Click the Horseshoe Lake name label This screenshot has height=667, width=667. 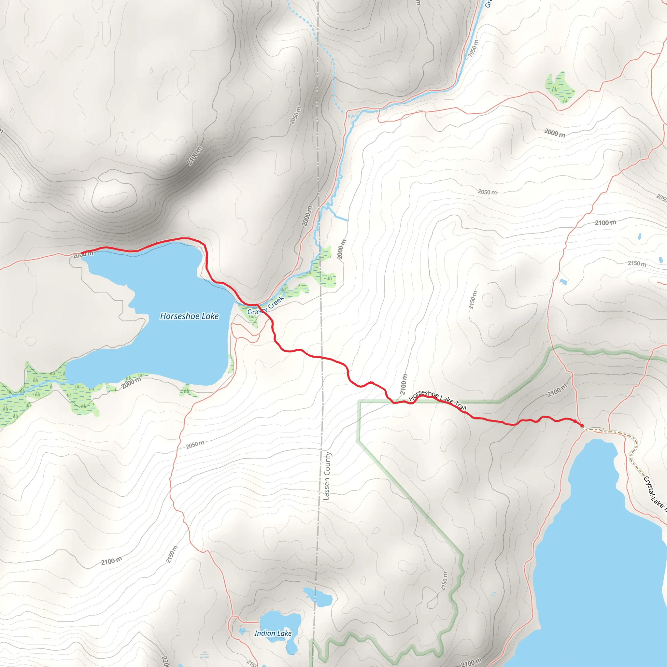[189, 316]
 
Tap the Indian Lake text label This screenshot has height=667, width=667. [273, 633]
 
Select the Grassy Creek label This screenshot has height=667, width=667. [265, 305]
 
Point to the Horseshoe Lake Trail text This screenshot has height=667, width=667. [437, 401]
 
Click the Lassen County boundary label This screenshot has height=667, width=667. [326, 476]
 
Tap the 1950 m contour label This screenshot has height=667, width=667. [473, 48]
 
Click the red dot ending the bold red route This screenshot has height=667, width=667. [582, 426]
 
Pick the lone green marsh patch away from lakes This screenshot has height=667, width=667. [559, 87]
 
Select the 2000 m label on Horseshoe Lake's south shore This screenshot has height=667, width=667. [131, 383]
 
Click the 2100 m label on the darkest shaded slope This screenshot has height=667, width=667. [194, 156]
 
